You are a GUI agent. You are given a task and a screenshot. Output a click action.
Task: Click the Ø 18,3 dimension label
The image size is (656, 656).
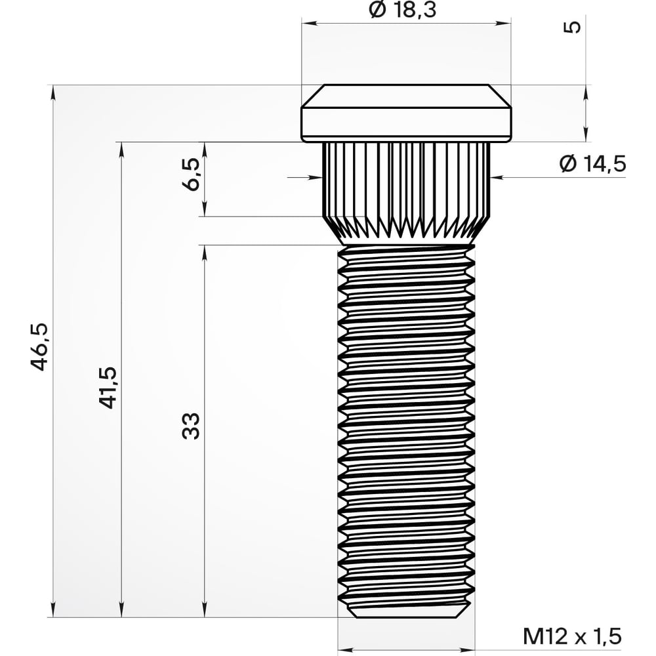click(403, 9)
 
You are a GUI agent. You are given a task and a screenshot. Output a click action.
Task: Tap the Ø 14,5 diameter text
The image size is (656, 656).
click(592, 163)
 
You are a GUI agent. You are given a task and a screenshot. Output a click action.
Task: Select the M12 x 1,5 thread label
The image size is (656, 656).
click(572, 637)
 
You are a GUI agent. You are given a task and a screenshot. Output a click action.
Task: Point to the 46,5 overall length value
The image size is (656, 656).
click(41, 347)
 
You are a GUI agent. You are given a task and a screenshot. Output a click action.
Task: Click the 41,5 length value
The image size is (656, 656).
click(108, 388)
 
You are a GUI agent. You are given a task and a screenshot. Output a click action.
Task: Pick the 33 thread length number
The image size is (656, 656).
click(191, 426)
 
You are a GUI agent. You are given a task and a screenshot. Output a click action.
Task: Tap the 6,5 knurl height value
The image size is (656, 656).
click(192, 174)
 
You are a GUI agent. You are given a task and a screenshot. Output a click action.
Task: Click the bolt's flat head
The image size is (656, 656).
click(406, 113)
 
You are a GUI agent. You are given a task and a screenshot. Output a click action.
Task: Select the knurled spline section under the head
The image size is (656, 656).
click(406, 194)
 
